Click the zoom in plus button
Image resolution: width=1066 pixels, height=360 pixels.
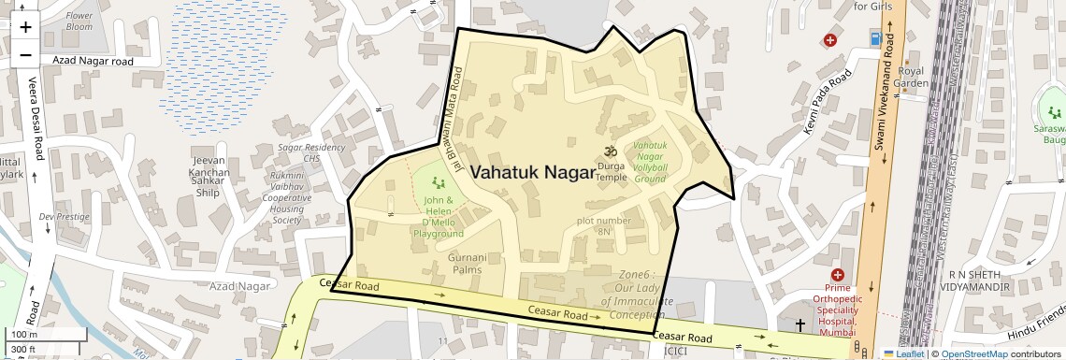click(25, 26)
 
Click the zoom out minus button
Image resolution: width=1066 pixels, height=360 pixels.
click(25, 54)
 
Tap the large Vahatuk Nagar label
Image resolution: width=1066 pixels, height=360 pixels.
click(531, 173)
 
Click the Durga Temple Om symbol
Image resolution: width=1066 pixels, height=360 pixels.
click(612, 150)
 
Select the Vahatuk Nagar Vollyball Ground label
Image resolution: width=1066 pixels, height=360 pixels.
click(650, 162)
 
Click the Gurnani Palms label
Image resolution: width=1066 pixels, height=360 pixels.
click(468, 263)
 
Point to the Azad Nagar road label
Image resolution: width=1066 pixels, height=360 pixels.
click(94, 61)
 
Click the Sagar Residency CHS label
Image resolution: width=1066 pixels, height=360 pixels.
click(311, 153)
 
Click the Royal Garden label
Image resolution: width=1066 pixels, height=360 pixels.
click(911, 77)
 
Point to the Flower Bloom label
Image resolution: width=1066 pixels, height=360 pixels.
click(79, 22)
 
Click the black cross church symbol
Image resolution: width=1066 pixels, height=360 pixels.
click(799, 324)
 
